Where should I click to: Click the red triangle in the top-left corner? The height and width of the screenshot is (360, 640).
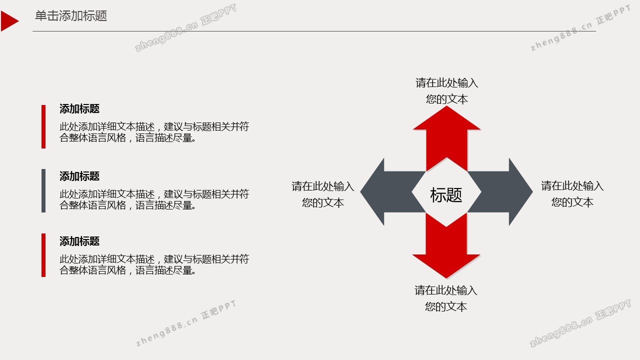click(x=8, y=21)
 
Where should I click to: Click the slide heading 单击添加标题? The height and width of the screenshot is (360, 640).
click(x=71, y=15)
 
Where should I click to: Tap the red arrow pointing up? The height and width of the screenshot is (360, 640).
click(x=446, y=138)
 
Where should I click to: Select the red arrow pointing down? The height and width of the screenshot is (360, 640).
click(x=446, y=245)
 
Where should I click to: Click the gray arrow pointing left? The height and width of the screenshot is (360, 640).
click(x=393, y=192)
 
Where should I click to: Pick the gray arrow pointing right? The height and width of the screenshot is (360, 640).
click(x=500, y=192)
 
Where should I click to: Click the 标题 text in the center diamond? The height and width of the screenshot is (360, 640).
click(x=446, y=195)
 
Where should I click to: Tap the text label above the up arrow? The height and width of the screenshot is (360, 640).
click(x=447, y=91)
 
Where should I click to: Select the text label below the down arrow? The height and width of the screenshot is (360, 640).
click(x=446, y=298)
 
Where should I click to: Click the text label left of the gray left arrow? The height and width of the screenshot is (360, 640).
click(x=323, y=194)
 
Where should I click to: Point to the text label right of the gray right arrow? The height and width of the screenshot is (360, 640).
click(x=572, y=194)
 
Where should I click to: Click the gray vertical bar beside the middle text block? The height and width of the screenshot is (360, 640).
click(x=43, y=190)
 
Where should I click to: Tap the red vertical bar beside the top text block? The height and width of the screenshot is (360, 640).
click(x=43, y=126)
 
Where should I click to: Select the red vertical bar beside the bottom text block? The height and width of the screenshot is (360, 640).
click(x=43, y=255)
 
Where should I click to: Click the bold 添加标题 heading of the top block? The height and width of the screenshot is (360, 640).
click(x=79, y=109)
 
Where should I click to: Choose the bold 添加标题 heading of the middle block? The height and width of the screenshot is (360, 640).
click(x=79, y=176)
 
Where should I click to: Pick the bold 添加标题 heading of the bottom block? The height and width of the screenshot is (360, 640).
click(x=79, y=241)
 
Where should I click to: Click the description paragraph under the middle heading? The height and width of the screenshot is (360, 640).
click(x=154, y=199)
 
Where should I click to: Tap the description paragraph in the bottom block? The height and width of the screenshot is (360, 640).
click(x=154, y=264)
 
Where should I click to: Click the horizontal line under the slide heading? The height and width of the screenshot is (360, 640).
click(x=314, y=31)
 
